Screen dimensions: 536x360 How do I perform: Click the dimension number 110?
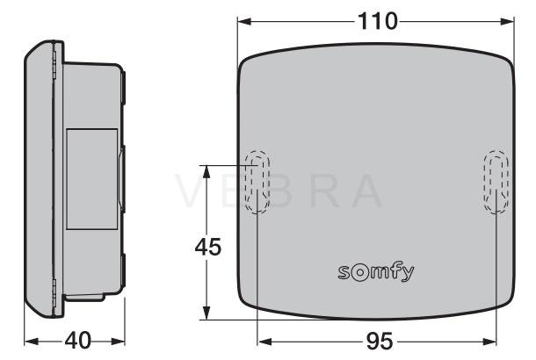pos(378,21)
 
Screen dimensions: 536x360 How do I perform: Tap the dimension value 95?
pos(380,342)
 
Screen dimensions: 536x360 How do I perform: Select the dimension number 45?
pos(208,247)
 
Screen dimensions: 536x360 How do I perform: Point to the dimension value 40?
pos(78,340)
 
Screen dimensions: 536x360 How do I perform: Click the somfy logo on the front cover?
pos(376,273)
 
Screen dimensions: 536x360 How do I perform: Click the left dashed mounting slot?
pos(257,182)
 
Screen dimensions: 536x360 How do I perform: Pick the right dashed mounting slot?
pos(496,182)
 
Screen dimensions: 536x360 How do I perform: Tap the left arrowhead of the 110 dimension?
pos(244,22)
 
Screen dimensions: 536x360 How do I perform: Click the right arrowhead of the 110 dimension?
pos(507,22)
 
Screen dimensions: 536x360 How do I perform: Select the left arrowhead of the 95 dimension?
pos(264,342)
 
